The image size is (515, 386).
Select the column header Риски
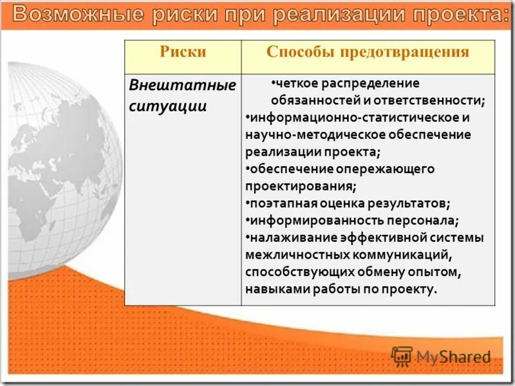tap(183, 53)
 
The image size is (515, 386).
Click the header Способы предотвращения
tap(368, 53)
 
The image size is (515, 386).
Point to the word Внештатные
tap(183, 86)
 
